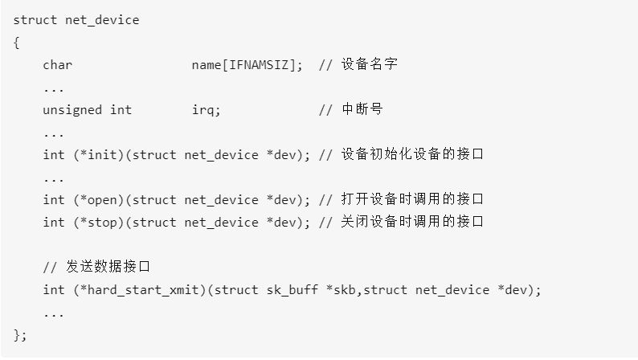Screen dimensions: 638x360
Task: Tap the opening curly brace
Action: click(16, 43)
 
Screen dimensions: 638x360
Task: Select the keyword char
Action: click(58, 65)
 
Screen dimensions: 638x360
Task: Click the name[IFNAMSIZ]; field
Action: click(247, 65)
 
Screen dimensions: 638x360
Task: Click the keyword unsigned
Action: click(73, 110)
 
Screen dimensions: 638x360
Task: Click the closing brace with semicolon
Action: click(20, 334)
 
